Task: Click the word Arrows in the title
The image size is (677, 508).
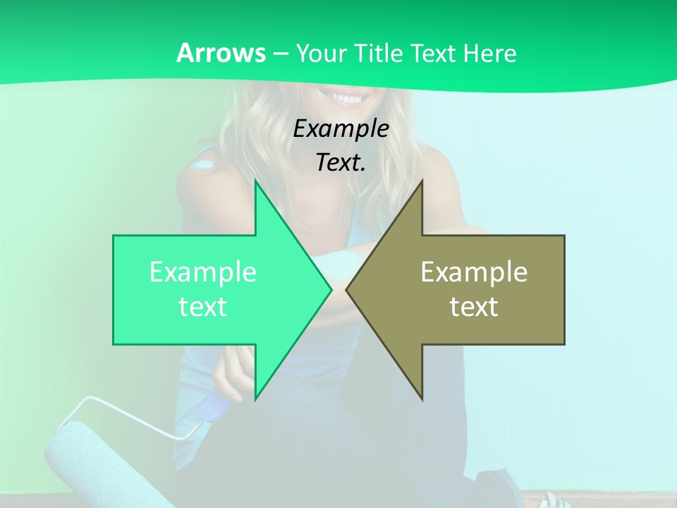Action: coord(221,53)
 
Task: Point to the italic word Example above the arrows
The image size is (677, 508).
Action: coord(341,128)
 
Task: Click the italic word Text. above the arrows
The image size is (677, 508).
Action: coord(341,162)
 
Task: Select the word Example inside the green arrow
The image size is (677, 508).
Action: coord(203,272)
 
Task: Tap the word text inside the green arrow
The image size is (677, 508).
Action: coord(203,306)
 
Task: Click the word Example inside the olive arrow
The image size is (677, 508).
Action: coord(474,272)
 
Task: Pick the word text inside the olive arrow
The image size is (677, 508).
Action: coord(474,306)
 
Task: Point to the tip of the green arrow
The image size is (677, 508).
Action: coord(330,289)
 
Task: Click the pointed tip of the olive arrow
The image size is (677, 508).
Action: coord(348,289)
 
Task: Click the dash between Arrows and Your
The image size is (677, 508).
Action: coord(280,54)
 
